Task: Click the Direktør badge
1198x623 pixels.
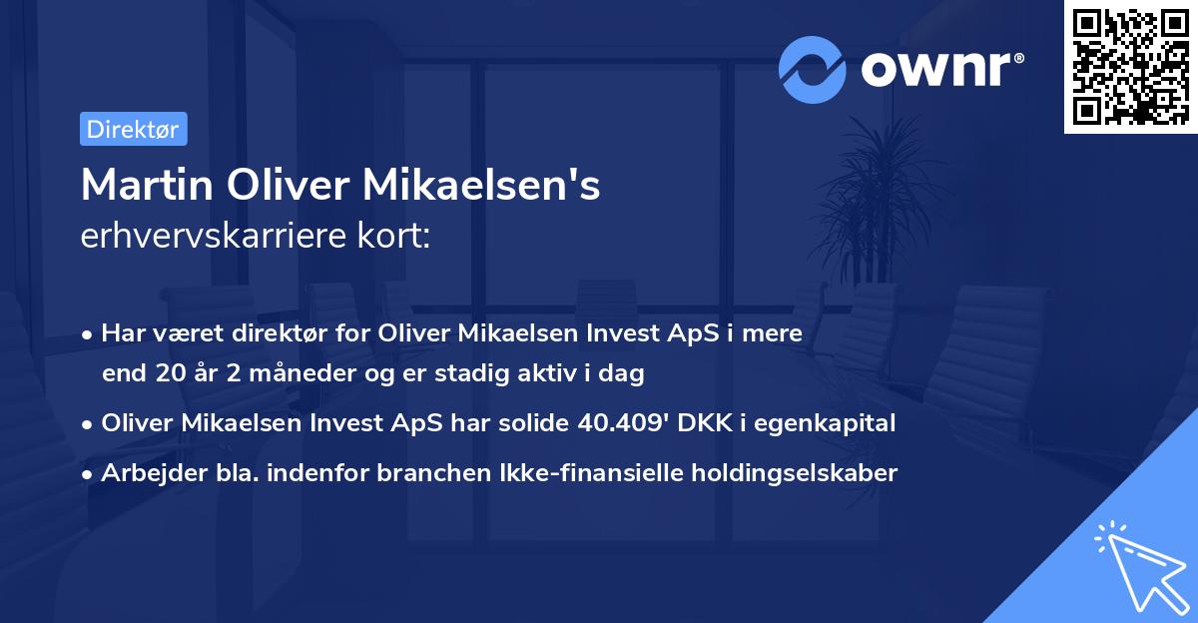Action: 133,129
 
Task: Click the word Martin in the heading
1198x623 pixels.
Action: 146,186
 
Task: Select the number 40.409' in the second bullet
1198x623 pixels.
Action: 623,423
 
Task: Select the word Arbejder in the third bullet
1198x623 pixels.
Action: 143,472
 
